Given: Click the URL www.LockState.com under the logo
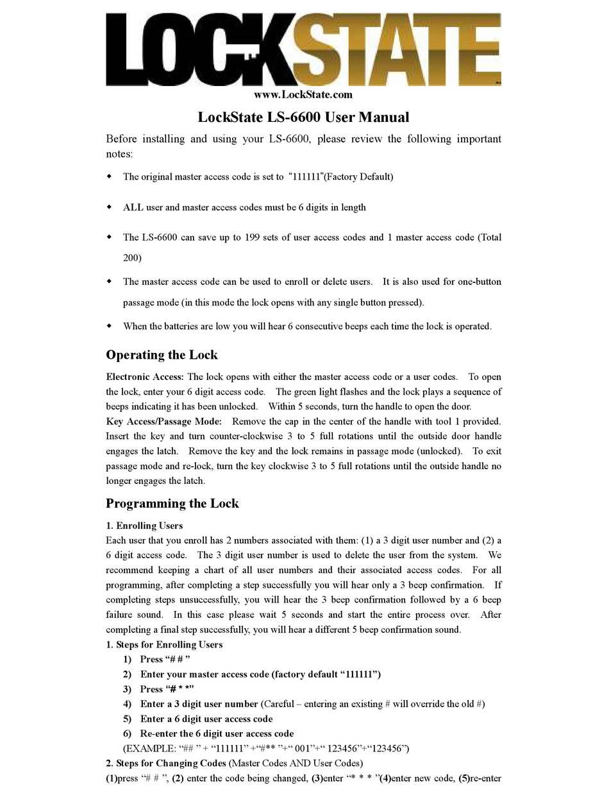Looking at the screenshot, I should [303, 95].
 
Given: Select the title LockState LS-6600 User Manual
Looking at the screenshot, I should [303, 117].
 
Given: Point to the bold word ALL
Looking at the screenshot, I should [133, 207].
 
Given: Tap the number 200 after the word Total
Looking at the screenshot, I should [132, 257].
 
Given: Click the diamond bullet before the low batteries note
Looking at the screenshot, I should [109, 326].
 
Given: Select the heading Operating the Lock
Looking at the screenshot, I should [162, 355].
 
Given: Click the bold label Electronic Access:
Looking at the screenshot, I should [145, 377].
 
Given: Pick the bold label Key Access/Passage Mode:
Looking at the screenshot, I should [164, 421].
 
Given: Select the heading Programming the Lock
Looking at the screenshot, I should [172, 503].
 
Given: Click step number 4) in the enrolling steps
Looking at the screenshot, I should [127, 704].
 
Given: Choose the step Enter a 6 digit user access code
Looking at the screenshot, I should [206, 719].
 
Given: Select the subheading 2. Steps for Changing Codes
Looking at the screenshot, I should [166, 763].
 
